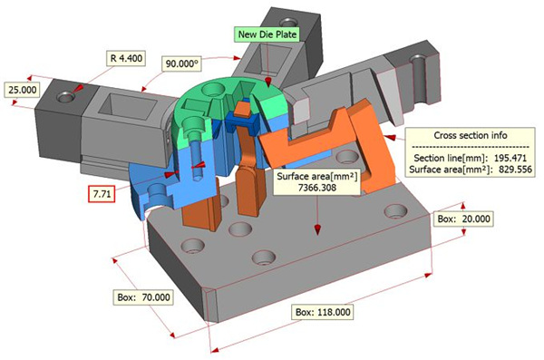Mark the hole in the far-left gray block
coord(64,94)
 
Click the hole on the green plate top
coord(214,92)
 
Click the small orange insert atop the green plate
coord(243,112)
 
